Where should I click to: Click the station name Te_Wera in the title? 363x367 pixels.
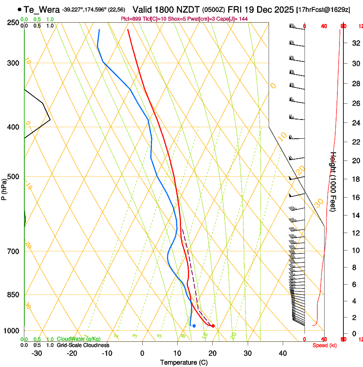[x=42, y=9]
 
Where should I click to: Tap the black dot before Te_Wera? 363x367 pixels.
[x=20, y=9]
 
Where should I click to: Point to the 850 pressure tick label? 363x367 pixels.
[x=12, y=295]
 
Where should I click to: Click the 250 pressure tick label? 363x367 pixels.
[x=12, y=23]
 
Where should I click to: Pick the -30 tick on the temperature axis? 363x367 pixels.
[x=37, y=353]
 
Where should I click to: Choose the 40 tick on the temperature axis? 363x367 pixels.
[x=282, y=353]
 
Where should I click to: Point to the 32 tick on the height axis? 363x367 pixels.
[x=355, y=43]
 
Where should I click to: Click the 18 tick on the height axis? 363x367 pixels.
[x=355, y=179]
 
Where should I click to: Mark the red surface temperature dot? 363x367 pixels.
[x=213, y=326]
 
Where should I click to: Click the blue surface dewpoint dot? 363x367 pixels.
[x=194, y=326]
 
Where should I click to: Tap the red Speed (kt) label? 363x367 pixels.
[x=325, y=345]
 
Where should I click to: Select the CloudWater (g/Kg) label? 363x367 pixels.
[x=79, y=339]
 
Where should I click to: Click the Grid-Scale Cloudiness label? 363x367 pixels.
[x=83, y=345]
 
